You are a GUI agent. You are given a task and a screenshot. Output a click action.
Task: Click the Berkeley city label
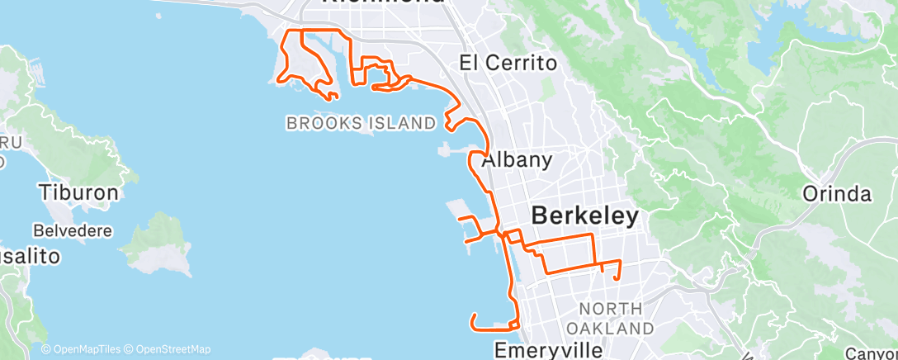(x=584, y=216)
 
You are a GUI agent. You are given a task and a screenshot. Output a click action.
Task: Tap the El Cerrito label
(x=508, y=63)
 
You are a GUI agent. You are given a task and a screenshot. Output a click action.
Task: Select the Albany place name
(x=517, y=160)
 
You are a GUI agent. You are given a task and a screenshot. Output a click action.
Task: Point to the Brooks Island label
(x=361, y=124)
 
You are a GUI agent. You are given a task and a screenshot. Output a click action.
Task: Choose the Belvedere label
(x=73, y=230)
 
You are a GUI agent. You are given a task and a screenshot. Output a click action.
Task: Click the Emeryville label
(x=548, y=350)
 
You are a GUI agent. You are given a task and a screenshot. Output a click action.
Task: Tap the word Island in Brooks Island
(x=402, y=124)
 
